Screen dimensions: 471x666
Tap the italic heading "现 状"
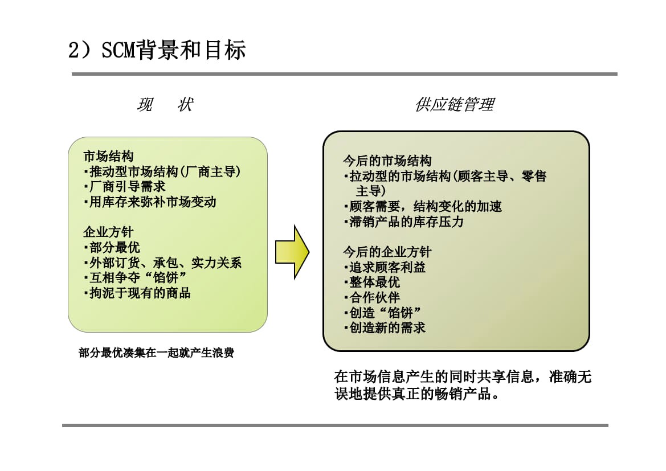tap(165, 105)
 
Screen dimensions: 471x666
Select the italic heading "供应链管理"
tap(455, 105)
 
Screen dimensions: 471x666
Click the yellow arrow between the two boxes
tap(292, 252)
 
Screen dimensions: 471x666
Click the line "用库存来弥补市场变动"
tap(150, 202)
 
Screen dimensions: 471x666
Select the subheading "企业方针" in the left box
tap(108, 232)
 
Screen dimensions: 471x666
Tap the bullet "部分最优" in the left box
tap(112, 247)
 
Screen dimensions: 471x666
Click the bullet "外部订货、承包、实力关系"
tap(162, 263)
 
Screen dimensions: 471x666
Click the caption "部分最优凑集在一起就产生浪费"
tap(156, 353)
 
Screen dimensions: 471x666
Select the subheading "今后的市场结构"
tap(387, 161)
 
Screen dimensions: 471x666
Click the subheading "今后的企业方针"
tap(387, 252)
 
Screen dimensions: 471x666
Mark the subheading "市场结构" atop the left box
tap(108, 156)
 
